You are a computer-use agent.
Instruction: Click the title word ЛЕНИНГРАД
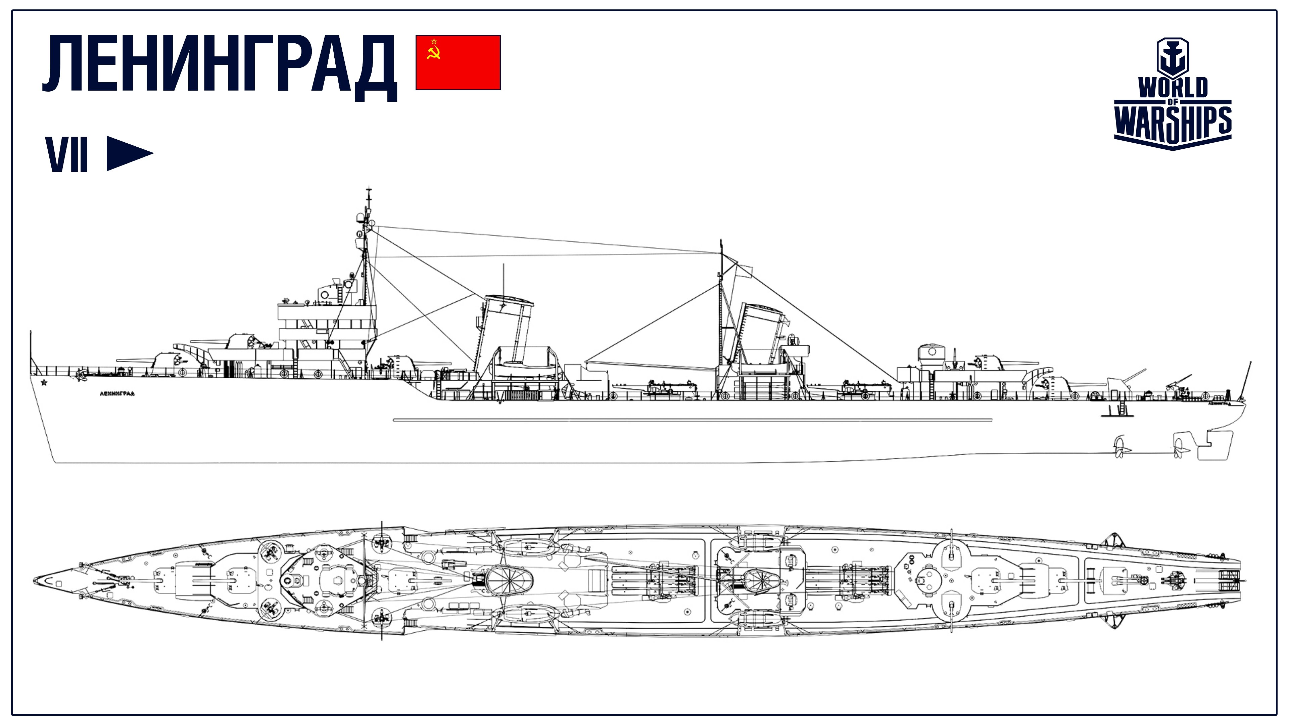(x=220, y=66)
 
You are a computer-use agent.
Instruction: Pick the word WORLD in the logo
(x=1173, y=88)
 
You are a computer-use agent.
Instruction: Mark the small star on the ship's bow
(x=44, y=383)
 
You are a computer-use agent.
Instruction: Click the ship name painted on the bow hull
(x=117, y=394)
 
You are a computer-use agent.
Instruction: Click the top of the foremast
(x=369, y=189)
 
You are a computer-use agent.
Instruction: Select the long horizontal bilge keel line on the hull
(x=693, y=420)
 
